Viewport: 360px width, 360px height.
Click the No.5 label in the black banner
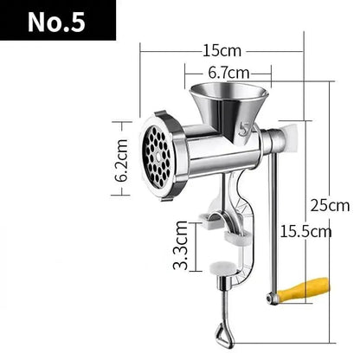click(x=57, y=22)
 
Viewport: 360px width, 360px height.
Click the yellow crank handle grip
click(x=308, y=287)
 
